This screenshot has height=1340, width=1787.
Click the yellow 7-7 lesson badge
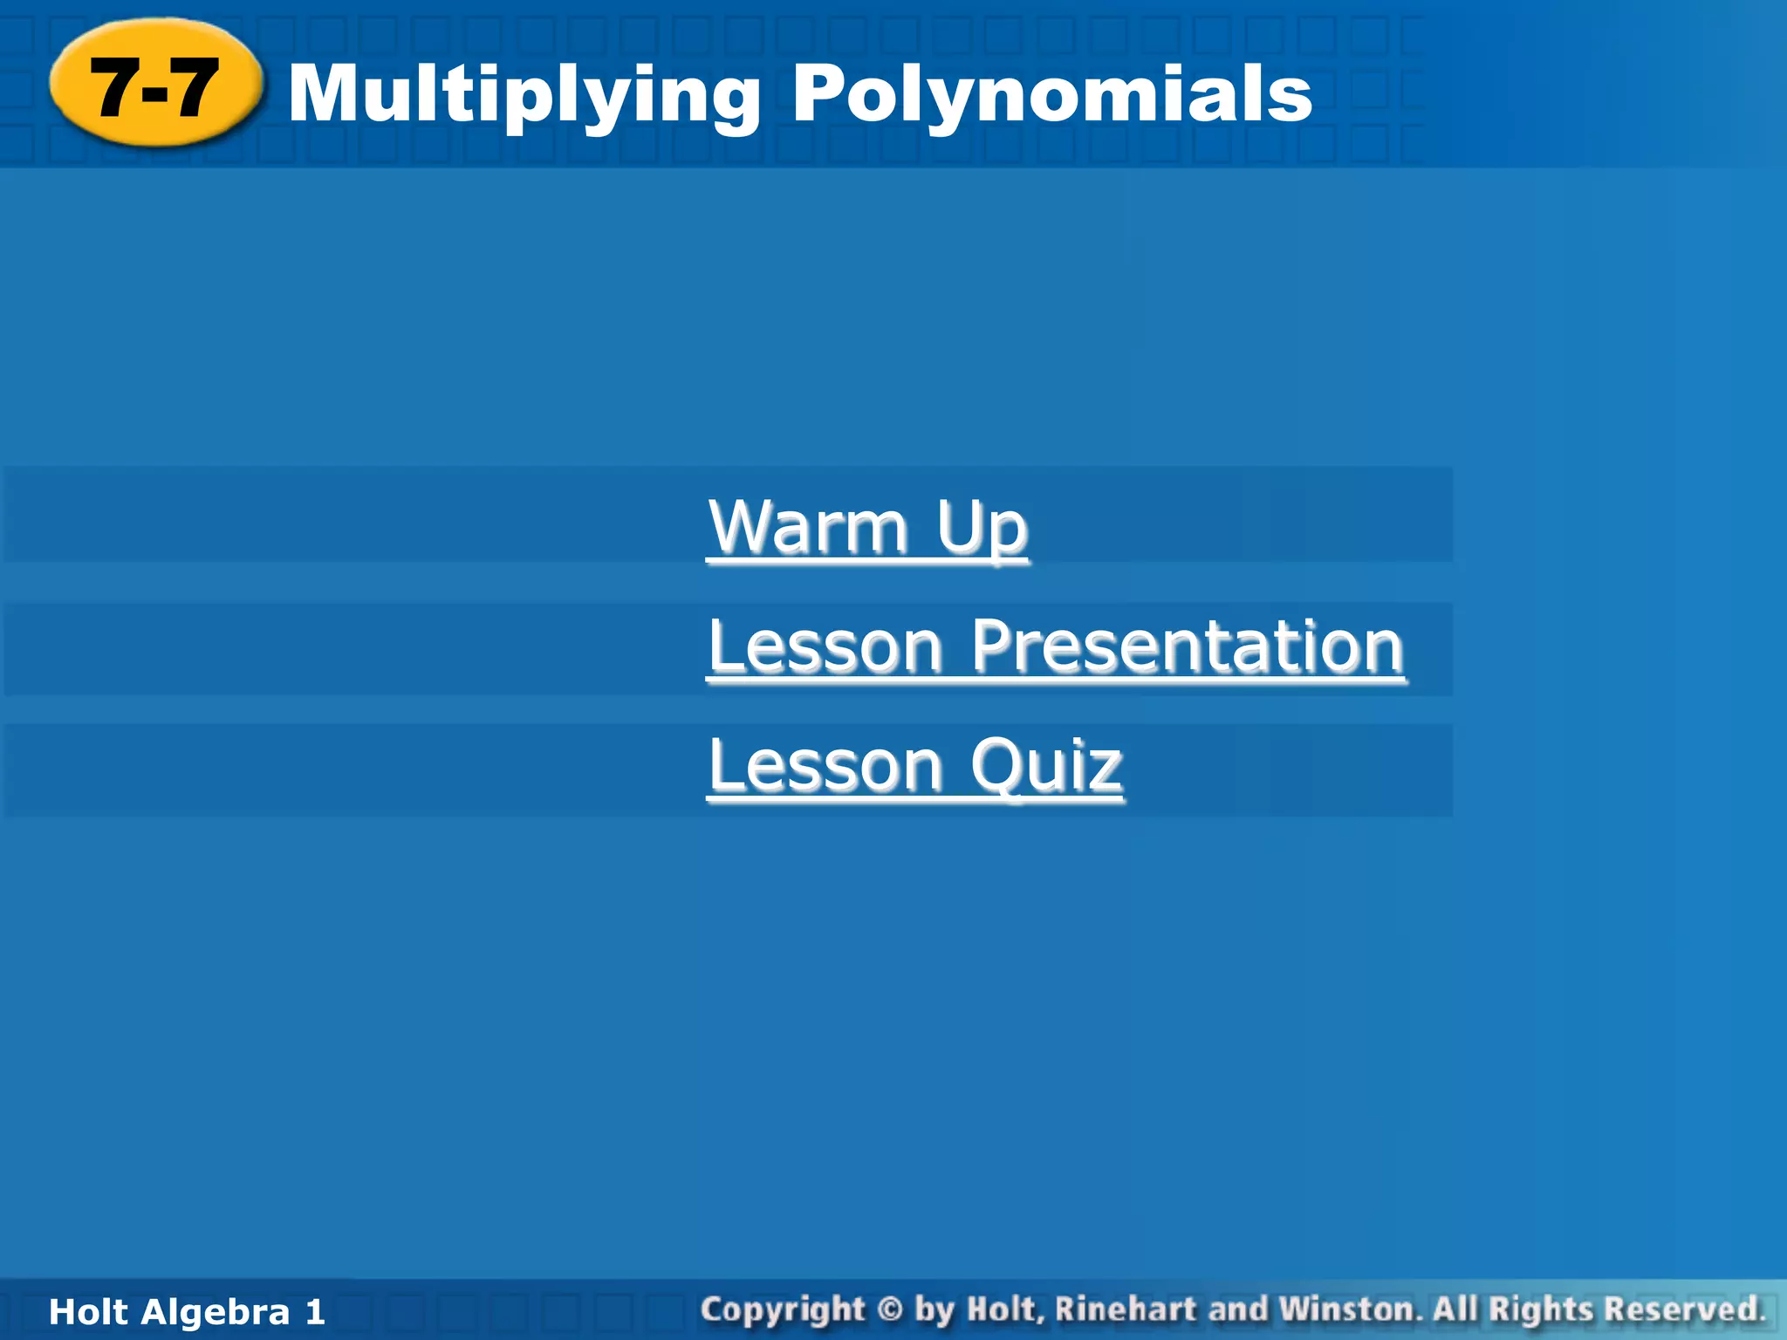click(x=155, y=85)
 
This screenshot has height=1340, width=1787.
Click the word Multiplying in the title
click(x=524, y=94)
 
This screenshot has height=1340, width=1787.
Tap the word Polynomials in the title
click(x=1051, y=94)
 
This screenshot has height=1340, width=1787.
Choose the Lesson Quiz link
click(x=914, y=765)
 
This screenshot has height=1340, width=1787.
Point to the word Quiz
click(x=1046, y=765)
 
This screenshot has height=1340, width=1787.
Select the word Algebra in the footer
click(x=216, y=1312)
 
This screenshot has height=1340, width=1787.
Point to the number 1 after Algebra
click(x=315, y=1312)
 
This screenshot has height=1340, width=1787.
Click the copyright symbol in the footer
click(x=889, y=1309)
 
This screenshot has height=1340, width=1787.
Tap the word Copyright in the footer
click(x=783, y=1310)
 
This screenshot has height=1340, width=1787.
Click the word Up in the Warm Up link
click(x=982, y=528)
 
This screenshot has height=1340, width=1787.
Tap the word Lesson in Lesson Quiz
click(x=825, y=765)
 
